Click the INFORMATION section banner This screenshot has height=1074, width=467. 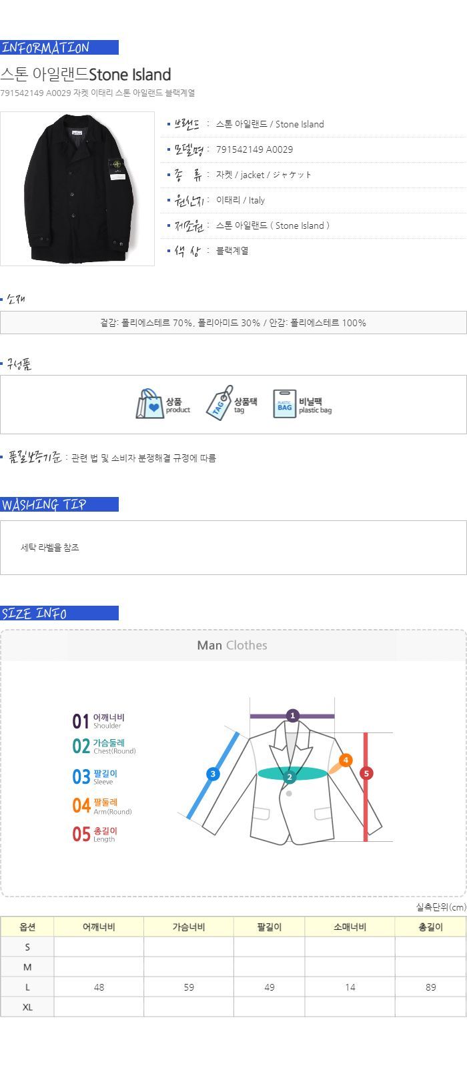(59, 47)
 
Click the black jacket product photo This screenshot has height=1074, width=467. (77, 189)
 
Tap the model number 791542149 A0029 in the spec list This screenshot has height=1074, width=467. (254, 149)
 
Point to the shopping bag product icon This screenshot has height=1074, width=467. (150, 404)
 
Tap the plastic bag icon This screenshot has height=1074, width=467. (284, 404)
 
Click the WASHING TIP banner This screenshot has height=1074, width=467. (59, 504)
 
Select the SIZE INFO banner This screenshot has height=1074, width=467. (59, 613)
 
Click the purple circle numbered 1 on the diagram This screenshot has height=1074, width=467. (292, 716)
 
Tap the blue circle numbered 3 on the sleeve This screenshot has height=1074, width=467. (213, 774)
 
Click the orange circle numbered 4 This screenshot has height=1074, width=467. (346, 760)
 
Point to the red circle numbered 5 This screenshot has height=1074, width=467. (366, 773)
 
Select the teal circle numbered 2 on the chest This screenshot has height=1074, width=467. (290, 777)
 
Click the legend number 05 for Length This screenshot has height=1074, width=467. (81, 834)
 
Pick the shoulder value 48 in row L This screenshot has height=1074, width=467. (99, 987)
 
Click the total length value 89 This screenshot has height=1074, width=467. (431, 987)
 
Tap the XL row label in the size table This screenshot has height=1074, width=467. (27, 1007)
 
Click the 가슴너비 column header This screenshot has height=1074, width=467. (189, 927)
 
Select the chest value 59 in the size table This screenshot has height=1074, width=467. (189, 987)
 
